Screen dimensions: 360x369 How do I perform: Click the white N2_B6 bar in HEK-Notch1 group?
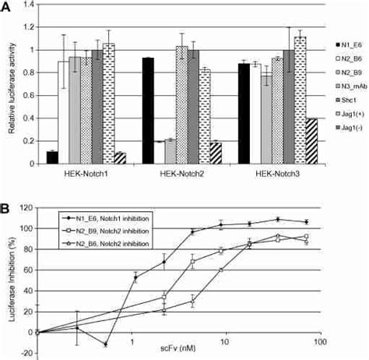click(x=64, y=112)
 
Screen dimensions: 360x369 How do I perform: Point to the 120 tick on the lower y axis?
click(x=25, y=208)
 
